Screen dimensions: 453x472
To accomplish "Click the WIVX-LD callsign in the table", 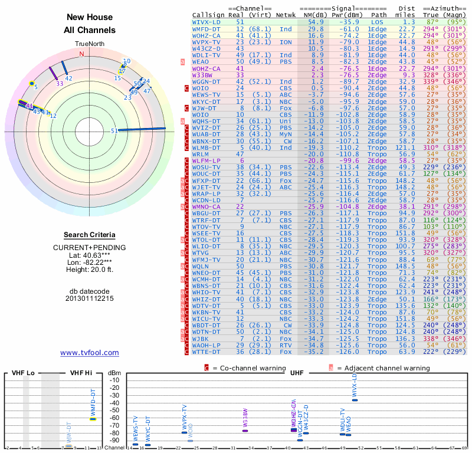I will (x=206, y=21).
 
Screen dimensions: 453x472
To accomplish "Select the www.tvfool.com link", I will (x=90, y=353).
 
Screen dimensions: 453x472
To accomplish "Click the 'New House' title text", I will (x=90, y=18).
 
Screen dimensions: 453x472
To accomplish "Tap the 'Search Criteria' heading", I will (x=90, y=235).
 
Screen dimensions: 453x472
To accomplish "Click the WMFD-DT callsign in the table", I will (x=207, y=28).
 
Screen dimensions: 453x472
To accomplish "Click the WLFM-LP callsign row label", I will (x=206, y=160).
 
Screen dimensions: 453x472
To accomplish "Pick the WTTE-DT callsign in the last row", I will (x=207, y=352).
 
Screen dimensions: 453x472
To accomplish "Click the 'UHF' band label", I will (x=297, y=373).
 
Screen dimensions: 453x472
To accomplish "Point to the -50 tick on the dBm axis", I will (x=114, y=411).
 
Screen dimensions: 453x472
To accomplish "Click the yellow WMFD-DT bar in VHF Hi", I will (x=93, y=419).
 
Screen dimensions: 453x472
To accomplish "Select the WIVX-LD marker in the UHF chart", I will (x=355, y=400).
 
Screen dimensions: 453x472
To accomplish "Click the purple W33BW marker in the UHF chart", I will (x=245, y=431).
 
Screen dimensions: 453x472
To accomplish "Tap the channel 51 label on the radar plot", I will (x=114, y=132).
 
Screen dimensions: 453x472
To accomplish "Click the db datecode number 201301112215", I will (x=90, y=298).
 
